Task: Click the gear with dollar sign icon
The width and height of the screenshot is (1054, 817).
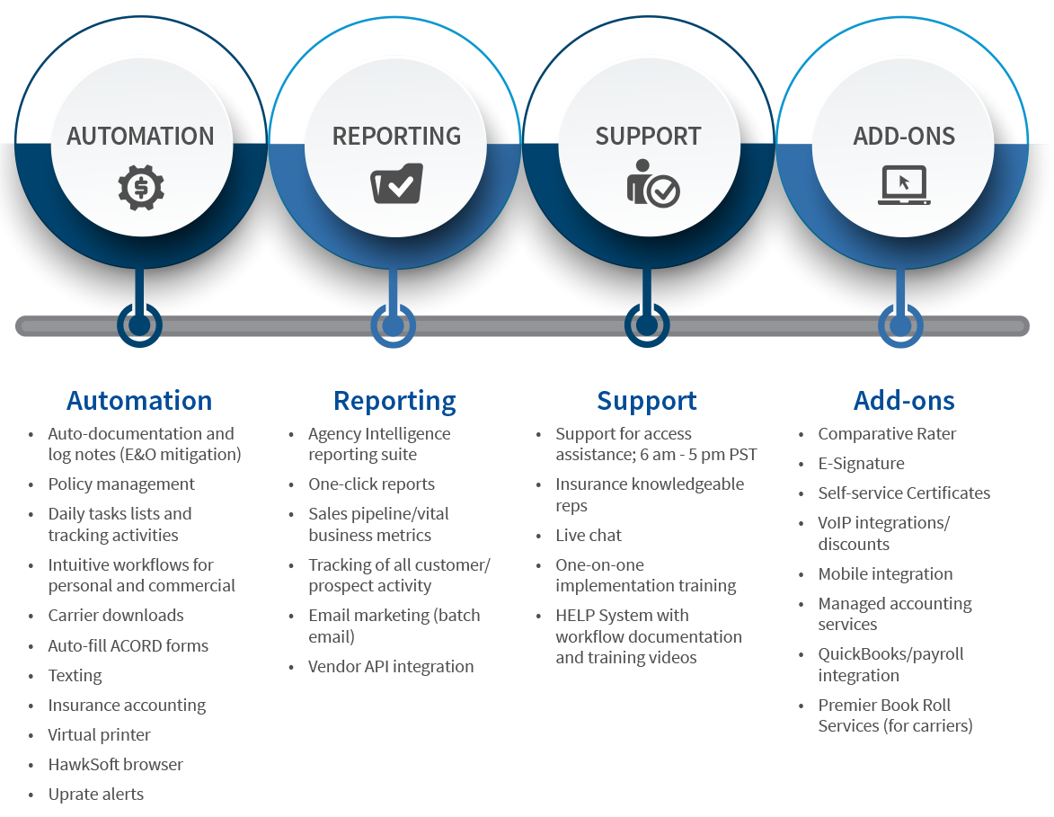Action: [141, 188]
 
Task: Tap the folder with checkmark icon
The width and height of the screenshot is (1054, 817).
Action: [396, 182]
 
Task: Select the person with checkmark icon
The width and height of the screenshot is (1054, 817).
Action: [652, 182]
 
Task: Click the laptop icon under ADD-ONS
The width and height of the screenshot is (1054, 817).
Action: [904, 185]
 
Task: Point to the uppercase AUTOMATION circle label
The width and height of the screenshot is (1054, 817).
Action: [140, 136]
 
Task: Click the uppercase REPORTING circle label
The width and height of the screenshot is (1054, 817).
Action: [396, 136]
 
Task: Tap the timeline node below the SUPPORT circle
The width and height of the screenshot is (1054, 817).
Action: [647, 325]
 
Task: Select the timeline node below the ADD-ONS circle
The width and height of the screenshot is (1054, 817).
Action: [900, 325]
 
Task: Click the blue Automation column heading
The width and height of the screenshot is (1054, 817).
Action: [139, 400]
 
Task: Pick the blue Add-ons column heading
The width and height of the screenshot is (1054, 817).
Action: [904, 400]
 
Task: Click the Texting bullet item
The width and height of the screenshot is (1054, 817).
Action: [75, 676]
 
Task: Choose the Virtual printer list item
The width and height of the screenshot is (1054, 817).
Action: [100, 735]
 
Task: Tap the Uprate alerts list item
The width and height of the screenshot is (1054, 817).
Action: [96, 795]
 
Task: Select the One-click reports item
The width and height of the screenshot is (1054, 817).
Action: [372, 484]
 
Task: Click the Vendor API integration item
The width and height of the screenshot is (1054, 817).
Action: [391, 666]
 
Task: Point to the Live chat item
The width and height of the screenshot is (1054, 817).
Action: [589, 536]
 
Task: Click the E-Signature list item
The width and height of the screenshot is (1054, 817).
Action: [861, 463]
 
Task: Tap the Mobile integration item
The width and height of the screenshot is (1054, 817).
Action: [885, 573]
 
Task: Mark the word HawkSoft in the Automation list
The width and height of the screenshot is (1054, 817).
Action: [84, 765]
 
